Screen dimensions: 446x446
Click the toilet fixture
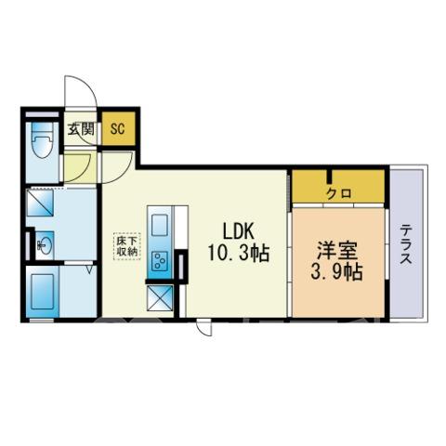point(43,140)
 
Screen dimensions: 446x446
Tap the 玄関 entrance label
point(81,129)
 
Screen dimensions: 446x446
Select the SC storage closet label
point(118,129)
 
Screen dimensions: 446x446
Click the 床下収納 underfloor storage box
point(127,246)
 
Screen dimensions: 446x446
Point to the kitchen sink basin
point(160,225)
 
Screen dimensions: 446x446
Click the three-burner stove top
point(160,261)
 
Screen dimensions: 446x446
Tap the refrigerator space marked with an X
point(160,297)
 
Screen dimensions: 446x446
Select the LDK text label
point(239,231)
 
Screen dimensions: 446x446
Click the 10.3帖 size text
point(238,253)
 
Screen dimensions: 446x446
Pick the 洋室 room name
point(337,250)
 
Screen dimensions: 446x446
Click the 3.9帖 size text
point(336,271)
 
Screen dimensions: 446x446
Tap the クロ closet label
point(339,194)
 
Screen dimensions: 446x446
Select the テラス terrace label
point(406,244)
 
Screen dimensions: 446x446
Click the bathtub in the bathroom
point(43,292)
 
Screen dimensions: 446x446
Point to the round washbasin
point(46,245)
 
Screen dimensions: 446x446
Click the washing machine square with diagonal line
point(40,203)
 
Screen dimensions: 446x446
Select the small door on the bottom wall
point(204,327)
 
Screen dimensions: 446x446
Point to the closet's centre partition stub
point(331,177)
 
